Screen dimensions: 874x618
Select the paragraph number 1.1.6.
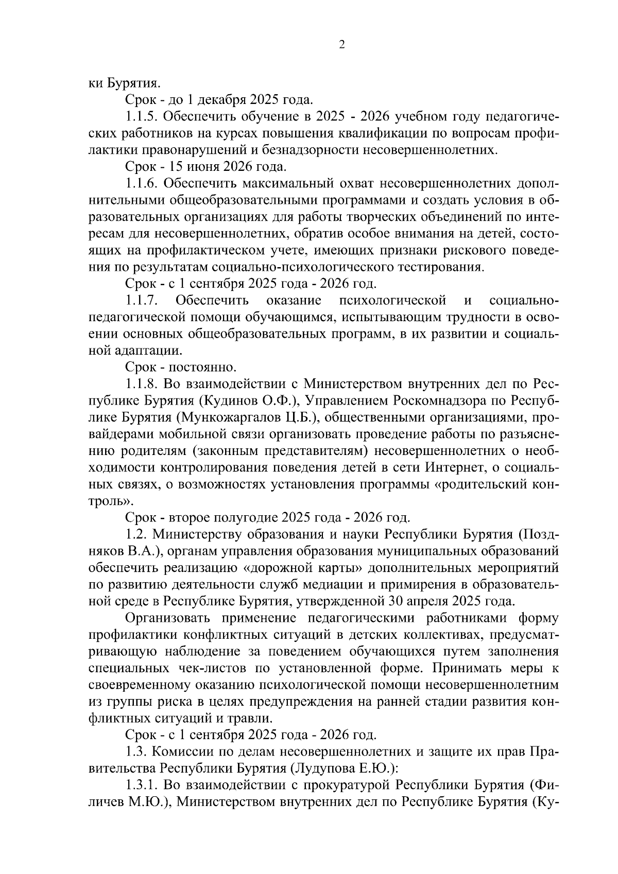(142, 183)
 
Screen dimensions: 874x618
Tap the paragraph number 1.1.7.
(142, 301)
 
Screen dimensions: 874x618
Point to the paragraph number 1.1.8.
(142, 384)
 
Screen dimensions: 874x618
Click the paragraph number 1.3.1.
(142, 785)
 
